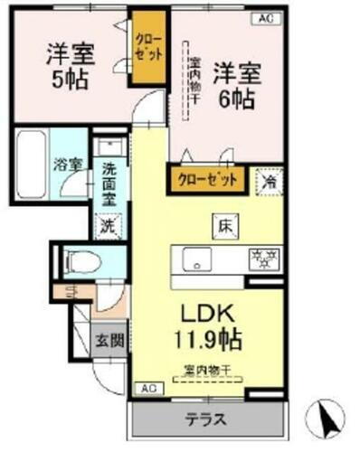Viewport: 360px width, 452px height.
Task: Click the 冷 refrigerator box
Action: [x=270, y=179]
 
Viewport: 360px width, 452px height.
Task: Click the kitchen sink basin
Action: [x=194, y=259]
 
